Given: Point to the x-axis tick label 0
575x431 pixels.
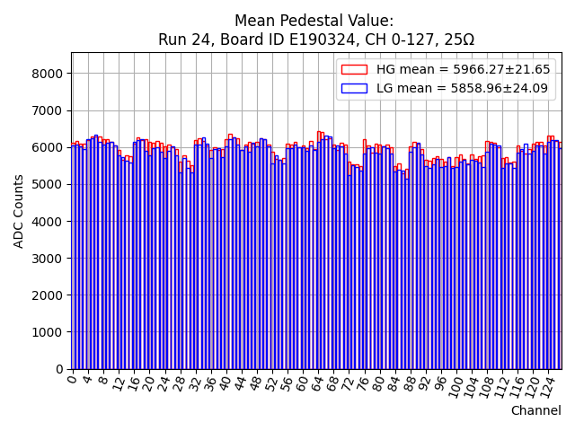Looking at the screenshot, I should [73, 380].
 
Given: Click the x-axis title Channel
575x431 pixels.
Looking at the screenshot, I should [535, 410].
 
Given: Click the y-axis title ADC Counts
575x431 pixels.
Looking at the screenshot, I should [20, 210].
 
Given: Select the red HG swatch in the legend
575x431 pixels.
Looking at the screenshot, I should [354, 70].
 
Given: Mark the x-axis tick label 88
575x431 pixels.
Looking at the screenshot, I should [410, 383].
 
